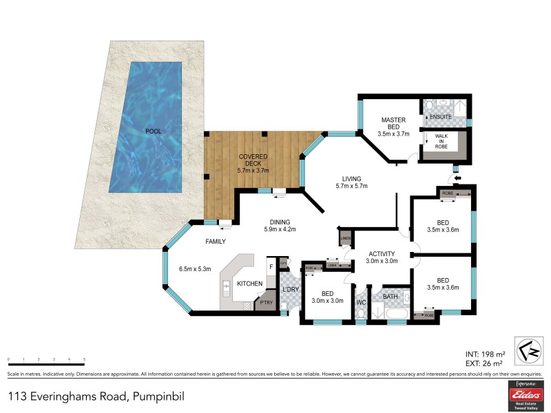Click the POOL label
click(x=153, y=131)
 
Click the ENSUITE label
click(x=440, y=117)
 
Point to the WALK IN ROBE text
click(x=441, y=142)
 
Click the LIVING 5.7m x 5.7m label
click(x=351, y=182)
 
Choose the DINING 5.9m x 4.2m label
click(x=282, y=225)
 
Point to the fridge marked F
click(x=271, y=266)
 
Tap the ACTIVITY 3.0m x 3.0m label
click(x=382, y=257)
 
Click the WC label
click(x=362, y=301)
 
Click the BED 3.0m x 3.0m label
click(x=328, y=297)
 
